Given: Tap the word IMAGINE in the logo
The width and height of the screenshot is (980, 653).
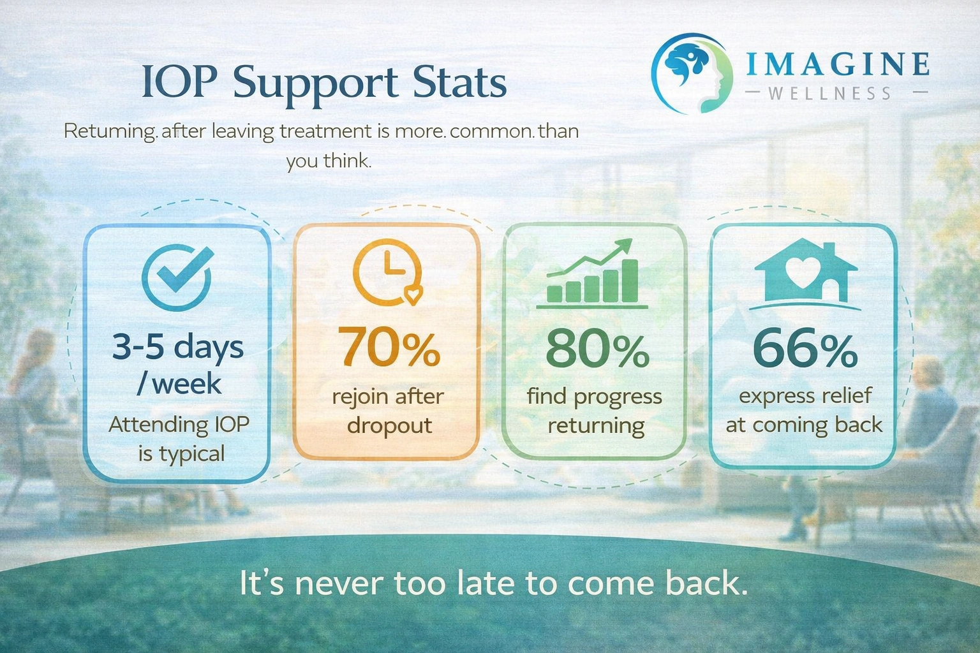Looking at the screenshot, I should click(837, 64).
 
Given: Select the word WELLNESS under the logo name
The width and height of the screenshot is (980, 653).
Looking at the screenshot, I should click(829, 94).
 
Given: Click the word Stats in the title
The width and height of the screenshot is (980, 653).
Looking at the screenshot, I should click(459, 83).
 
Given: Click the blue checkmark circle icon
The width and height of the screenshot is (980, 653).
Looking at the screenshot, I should click(177, 277).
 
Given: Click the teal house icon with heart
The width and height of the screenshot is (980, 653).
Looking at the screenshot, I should click(805, 272).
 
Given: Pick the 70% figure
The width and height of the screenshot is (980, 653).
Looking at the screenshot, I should click(389, 348).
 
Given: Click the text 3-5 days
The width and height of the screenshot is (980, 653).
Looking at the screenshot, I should click(178, 348).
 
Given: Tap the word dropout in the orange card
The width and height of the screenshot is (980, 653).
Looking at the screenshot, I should click(389, 425).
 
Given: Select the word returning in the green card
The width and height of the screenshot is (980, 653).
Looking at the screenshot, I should click(596, 425).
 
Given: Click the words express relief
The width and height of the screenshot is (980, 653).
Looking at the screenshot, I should click(805, 395).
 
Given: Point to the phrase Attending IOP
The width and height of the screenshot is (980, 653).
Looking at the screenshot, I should click(179, 424).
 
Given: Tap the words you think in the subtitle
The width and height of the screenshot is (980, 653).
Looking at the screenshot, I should click(328, 160).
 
